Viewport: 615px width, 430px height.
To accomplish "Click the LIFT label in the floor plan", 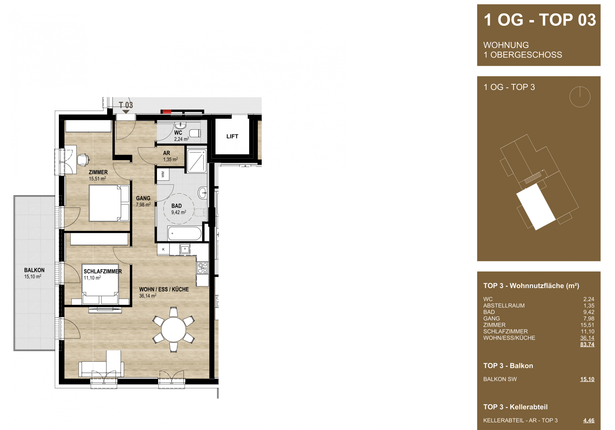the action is click(x=232, y=137).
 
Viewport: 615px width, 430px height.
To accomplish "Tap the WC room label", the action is click(x=178, y=133).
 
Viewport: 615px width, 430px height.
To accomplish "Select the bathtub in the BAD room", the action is click(x=184, y=233).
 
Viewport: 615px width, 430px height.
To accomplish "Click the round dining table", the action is click(x=174, y=329).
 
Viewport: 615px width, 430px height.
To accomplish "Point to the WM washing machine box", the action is click(x=163, y=175).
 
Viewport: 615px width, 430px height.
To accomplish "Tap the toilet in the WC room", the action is click(x=195, y=133).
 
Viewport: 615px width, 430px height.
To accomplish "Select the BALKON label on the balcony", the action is click(x=34, y=270).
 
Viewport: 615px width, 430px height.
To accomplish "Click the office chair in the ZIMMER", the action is click(x=83, y=160).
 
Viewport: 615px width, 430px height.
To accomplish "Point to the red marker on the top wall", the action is click(x=167, y=112).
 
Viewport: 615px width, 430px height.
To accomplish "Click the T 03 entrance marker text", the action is click(x=126, y=105).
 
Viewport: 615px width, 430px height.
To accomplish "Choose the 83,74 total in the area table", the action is click(x=587, y=344).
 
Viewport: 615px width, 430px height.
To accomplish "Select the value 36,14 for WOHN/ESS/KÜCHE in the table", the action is click(x=587, y=338).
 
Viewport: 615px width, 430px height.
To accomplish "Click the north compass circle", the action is click(x=580, y=97).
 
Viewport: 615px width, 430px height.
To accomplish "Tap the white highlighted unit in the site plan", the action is click(x=536, y=207).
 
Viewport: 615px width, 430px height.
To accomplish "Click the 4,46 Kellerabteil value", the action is click(x=589, y=420).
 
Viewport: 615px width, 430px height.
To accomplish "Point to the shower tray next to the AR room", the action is click(x=197, y=161).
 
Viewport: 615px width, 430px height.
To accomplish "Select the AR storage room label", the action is click(x=166, y=153).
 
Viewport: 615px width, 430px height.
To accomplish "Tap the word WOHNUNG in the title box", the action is click(x=506, y=45).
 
